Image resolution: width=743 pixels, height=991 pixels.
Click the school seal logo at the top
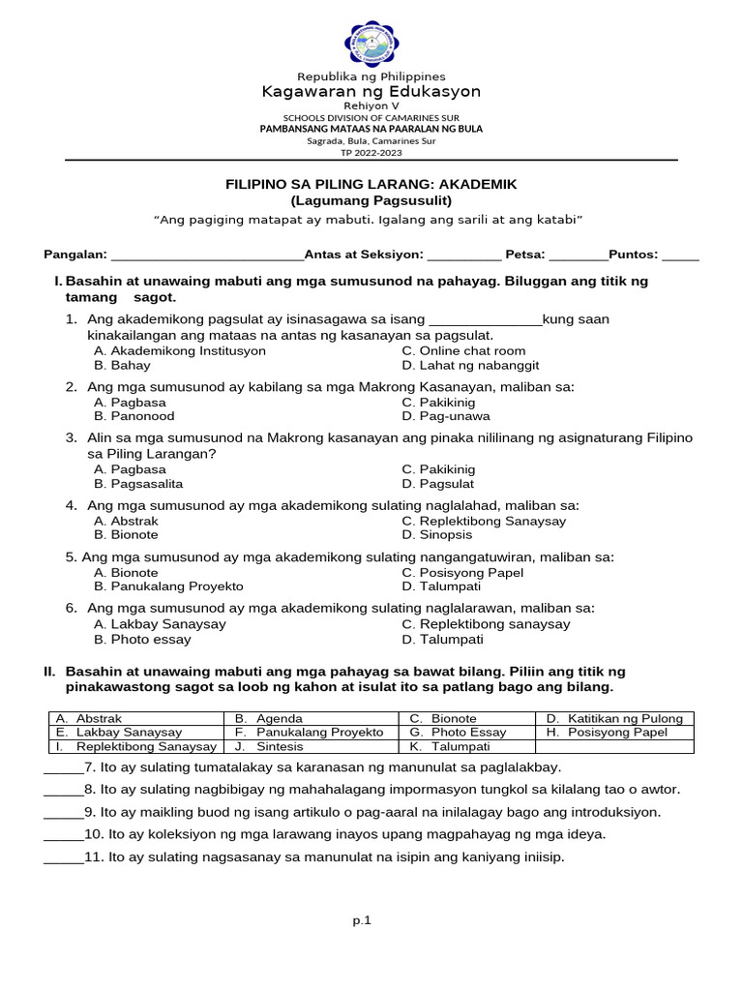coord(371,44)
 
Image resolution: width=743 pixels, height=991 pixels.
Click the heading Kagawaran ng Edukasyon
coord(371,92)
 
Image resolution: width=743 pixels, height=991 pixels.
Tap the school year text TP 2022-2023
coord(371,152)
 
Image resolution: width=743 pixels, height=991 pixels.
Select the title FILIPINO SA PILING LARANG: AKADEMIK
coord(371,184)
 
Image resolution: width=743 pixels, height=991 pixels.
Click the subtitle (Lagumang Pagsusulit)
coord(371,200)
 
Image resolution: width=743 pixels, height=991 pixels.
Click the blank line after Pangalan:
coord(207,256)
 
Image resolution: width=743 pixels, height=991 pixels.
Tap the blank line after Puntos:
coord(680,256)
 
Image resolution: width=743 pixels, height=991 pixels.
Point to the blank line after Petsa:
coord(578,256)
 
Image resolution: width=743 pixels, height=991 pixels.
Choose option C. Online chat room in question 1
coord(463,350)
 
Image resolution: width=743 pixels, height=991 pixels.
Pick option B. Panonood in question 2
coord(134,416)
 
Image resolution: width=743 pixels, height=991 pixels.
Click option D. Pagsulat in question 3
coord(438,483)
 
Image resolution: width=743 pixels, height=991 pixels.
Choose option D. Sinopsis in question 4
coord(437,534)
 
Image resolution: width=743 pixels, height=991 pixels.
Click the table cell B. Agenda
coord(268,718)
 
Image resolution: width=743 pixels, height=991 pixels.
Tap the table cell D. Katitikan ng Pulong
coord(613,718)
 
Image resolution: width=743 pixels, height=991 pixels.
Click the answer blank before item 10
coord(63,834)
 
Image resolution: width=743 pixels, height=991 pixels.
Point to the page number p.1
coord(362,920)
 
